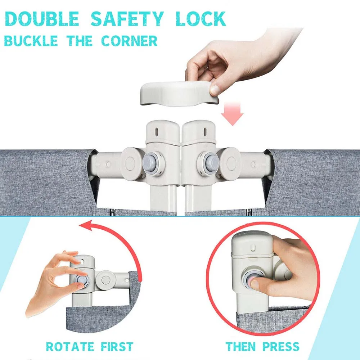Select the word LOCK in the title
pos(201,19)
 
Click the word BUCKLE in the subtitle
pos(31,41)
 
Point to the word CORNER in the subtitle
pos(129,41)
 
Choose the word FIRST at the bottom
pos(116,347)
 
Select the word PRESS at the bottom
pos(281,347)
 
